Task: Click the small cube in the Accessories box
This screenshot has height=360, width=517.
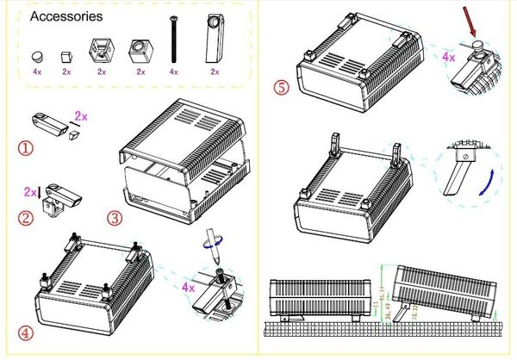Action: pos(66,56)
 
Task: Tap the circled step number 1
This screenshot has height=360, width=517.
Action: pos(27,148)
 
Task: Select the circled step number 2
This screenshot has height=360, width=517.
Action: pos(27,218)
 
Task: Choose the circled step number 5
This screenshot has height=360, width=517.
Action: pos(280,87)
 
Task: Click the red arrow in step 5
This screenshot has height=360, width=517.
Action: pos(471,21)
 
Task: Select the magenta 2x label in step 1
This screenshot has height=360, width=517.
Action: pos(83,115)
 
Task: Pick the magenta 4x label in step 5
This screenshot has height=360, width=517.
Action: pos(448,57)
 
